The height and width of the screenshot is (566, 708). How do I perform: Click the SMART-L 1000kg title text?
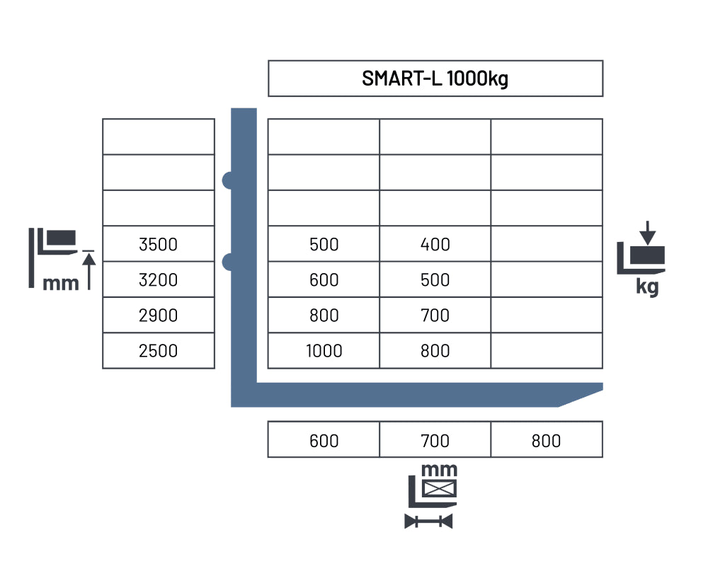(x=435, y=79)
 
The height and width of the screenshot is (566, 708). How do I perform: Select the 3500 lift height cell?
(x=158, y=244)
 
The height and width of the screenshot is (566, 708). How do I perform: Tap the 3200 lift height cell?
(x=158, y=280)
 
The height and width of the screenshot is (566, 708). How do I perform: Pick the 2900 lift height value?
(x=158, y=316)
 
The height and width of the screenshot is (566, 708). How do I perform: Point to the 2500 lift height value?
(x=158, y=351)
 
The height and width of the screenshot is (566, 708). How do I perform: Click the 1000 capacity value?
(x=324, y=351)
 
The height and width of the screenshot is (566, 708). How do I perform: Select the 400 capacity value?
(x=435, y=244)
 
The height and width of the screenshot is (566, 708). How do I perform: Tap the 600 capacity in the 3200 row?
(x=324, y=280)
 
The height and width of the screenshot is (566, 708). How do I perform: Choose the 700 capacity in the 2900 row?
(x=435, y=316)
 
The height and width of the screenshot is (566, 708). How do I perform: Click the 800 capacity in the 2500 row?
(x=435, y=351)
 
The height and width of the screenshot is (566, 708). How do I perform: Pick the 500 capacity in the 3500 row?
(x=324, y=244)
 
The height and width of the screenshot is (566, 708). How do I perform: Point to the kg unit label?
(x=647, y=287)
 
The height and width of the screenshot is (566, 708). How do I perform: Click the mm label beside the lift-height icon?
(x=60, y=284)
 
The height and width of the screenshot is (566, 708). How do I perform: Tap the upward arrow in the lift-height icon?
(x=89, y=271)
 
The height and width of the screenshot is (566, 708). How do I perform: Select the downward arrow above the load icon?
(x=648, y=233)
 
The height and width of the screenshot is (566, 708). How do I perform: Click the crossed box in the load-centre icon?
(x=440, y=488)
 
